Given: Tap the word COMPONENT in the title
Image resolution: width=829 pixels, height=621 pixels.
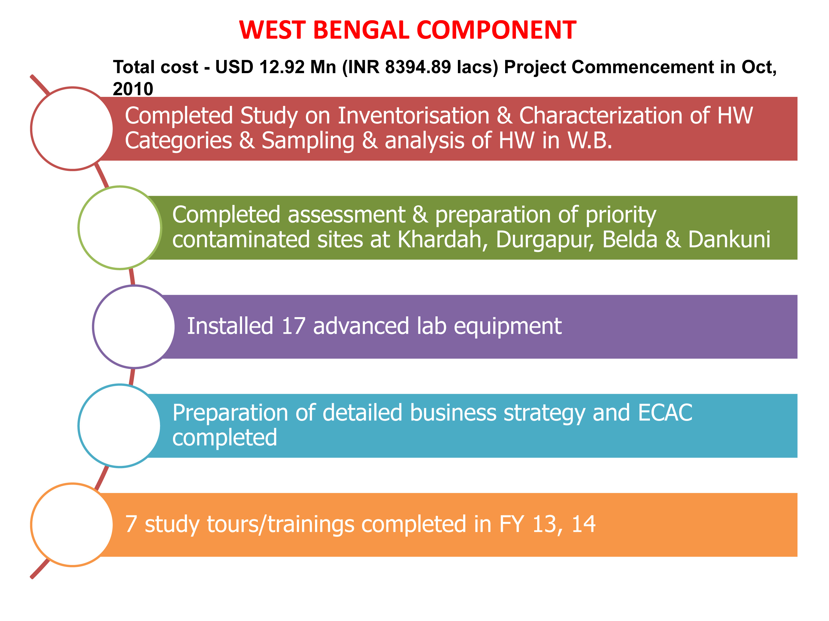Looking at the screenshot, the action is (496, 30).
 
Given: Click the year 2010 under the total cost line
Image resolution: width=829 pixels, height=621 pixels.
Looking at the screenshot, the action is (133, 89).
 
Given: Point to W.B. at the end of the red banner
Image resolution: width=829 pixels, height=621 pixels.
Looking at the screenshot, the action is (590, 141).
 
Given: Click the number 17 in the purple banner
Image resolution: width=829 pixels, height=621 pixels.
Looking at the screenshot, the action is (293, 326).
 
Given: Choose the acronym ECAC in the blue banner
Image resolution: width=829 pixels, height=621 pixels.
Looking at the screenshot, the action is (665, 413).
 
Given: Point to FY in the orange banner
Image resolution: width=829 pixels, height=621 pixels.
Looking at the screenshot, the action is (511, 524).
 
